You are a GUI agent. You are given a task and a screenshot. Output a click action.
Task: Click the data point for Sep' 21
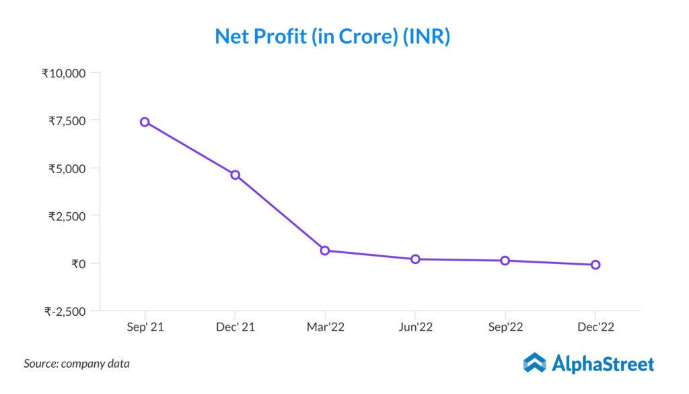click(x=145, y=122)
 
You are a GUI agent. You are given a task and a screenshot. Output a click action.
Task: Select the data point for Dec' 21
click(x=235, y=175)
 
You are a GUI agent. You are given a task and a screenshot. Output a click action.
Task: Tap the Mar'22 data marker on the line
click(x=325, y=251)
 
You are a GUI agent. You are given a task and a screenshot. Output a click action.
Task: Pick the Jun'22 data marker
click(x=415, y=259)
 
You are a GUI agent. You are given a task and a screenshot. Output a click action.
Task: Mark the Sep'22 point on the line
click(x=505, y=261)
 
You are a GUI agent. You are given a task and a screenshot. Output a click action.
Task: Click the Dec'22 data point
click(x=595, y=265)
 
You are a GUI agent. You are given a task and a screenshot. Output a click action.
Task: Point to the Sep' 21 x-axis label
click(x=145, y=327)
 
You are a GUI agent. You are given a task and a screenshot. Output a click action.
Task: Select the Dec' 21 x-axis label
click(x=235, y=327)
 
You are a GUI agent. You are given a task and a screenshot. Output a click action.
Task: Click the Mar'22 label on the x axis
click(x=325, y=327)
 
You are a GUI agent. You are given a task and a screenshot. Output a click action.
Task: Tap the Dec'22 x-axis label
click(x=595, y=327)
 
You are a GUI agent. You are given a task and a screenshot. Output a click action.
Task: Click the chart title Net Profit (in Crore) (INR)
click(x=332, y=36)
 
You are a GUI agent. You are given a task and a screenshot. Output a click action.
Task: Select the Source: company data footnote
click(x=77, y=364)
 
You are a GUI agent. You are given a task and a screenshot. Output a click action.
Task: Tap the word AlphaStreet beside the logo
click(x=602, y=364)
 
